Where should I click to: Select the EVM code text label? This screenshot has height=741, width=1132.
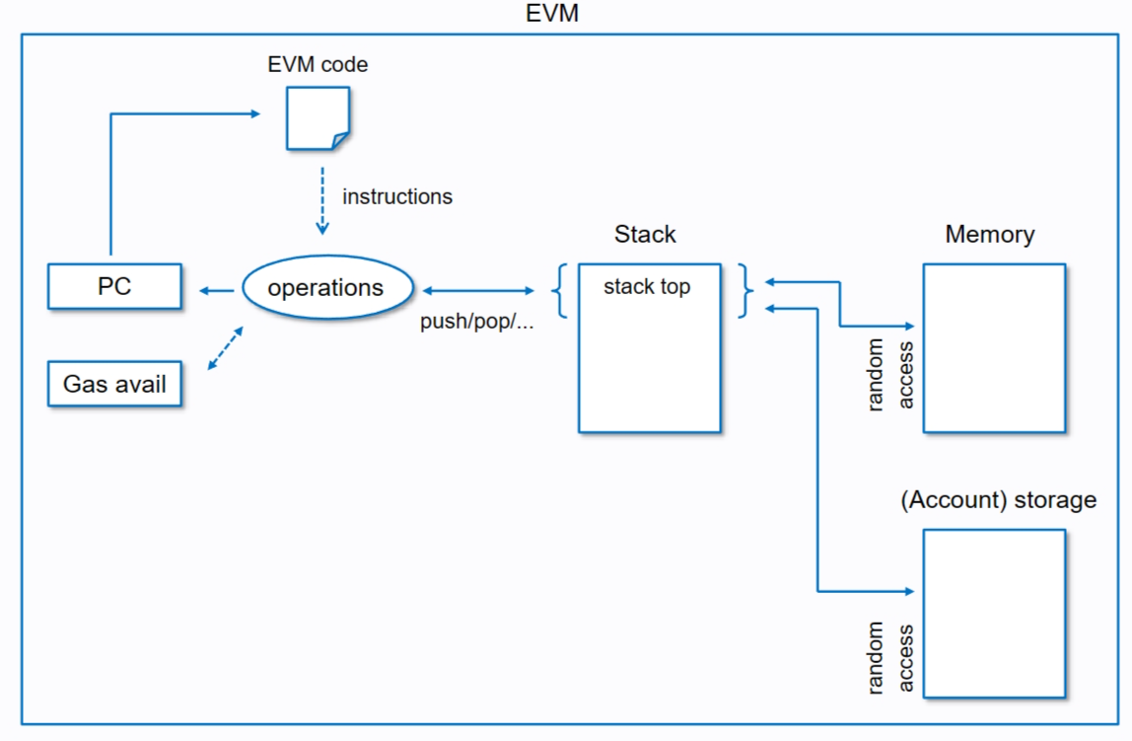(318, 66)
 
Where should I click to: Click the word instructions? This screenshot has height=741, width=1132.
(397, 196)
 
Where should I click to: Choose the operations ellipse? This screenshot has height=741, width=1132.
(325, 288)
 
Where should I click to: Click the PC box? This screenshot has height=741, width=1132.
(114, 287)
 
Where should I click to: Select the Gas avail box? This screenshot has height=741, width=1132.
(114, 384)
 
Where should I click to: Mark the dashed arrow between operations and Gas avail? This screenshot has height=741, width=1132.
(226, 350)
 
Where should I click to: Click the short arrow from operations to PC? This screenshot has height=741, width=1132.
(217, 290)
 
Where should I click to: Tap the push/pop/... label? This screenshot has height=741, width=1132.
(477, 322)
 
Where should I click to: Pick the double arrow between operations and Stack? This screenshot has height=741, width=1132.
(478, 291)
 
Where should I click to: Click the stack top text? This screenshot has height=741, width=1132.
(647, 287)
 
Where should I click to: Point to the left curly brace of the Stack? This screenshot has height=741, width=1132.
(561, 290)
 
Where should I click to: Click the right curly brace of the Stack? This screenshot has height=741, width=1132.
(746, 290)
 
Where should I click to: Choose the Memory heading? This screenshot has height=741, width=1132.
(989, 234)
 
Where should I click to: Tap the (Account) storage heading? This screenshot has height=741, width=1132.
(998, 499)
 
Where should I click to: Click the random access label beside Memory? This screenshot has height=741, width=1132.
(890, 375)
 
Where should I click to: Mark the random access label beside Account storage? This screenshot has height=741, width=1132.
(890, 657)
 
